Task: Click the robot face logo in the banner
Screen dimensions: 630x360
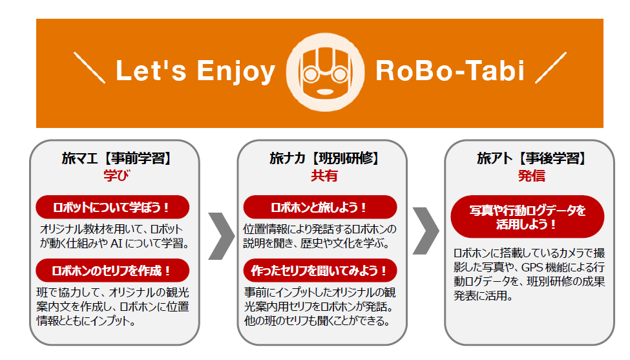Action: pos(325,72)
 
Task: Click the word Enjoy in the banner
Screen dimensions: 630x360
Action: pos(236,72)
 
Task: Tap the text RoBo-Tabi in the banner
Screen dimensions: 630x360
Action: pos(450,70)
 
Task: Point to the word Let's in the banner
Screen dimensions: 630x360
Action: pos(151,70)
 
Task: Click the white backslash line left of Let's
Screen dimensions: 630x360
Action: pos(90,68)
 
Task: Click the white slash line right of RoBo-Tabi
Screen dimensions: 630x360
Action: pos(551,67)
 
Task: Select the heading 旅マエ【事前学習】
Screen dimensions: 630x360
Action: pos(116,158)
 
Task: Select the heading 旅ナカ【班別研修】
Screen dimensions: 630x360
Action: pos(324,158)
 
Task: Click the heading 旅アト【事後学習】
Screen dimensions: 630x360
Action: pos(531,158)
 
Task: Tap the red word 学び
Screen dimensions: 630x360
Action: pos(116,176)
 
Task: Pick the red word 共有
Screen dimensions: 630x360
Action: pos(324,176)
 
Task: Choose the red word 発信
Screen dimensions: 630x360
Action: pos(531,176)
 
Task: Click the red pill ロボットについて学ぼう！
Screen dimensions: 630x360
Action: pos(112,207)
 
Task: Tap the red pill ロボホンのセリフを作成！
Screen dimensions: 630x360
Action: pos(112,270)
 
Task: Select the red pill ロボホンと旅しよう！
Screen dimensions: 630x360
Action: pos(320,207)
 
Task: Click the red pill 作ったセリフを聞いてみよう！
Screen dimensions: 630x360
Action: pos(320,270)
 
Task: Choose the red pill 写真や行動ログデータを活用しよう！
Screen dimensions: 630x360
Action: pos(527,217)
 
